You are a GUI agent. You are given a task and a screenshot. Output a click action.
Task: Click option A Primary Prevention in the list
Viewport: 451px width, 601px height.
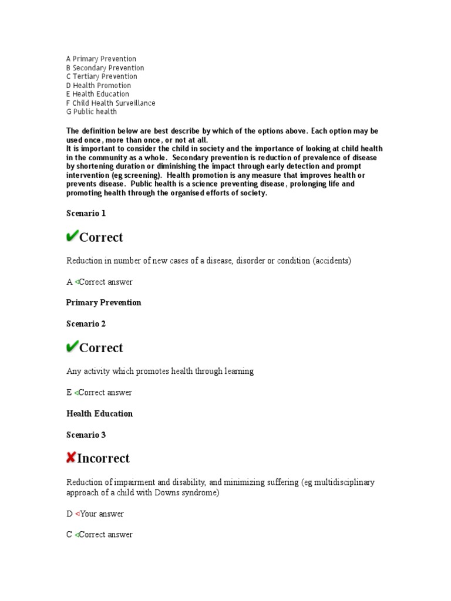(101, 59)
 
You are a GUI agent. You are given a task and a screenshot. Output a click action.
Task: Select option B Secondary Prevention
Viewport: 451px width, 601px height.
(105, 67)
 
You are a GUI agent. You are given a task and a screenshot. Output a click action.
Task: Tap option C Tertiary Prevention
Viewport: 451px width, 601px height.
(102, 76)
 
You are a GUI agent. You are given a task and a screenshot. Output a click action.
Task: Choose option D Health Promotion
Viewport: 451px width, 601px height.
(99, 85)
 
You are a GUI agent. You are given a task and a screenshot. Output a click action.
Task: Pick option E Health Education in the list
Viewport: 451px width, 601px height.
(97, 94)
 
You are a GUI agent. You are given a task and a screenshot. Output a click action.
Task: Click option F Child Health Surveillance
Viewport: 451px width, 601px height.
(111, 103)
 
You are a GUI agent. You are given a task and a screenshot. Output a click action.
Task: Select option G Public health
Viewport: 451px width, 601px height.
(92, 112)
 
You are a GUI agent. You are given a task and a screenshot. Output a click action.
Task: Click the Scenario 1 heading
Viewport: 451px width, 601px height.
(86, 214)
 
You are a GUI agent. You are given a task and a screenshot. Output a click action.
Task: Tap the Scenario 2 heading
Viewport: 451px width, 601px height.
(86, 324)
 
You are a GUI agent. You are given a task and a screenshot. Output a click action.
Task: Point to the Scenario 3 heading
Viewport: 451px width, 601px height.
(86, 435)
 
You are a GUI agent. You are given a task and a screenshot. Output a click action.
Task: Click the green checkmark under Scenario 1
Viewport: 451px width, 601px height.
(72, 237)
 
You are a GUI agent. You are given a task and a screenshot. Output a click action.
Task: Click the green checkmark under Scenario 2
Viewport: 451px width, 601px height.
(72, 347)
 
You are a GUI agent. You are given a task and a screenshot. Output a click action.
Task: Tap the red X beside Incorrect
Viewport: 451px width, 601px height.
(71, 457)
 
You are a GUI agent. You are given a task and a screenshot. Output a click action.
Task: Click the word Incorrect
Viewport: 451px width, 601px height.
(103, 458)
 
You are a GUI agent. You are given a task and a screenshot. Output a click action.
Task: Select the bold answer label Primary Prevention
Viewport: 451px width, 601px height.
(104, 303)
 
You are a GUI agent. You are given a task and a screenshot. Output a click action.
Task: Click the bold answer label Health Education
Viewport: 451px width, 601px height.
(100, 414)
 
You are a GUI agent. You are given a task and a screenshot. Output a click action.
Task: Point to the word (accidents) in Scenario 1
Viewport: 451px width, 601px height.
(332, 261)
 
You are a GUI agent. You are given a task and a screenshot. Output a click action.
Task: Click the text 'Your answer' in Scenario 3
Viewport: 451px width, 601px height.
(102, 514)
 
